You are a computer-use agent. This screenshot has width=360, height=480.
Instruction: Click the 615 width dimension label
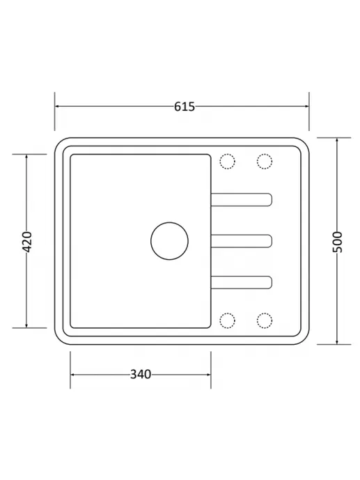tap(185, 107)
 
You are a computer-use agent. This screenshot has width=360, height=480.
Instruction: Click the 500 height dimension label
tap(337, 242)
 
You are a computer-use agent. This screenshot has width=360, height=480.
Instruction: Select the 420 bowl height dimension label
tap(27, 242)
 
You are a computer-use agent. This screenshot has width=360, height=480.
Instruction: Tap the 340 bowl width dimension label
tap(141, 374)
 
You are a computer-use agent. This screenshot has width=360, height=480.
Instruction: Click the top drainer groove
tap(242, 194)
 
